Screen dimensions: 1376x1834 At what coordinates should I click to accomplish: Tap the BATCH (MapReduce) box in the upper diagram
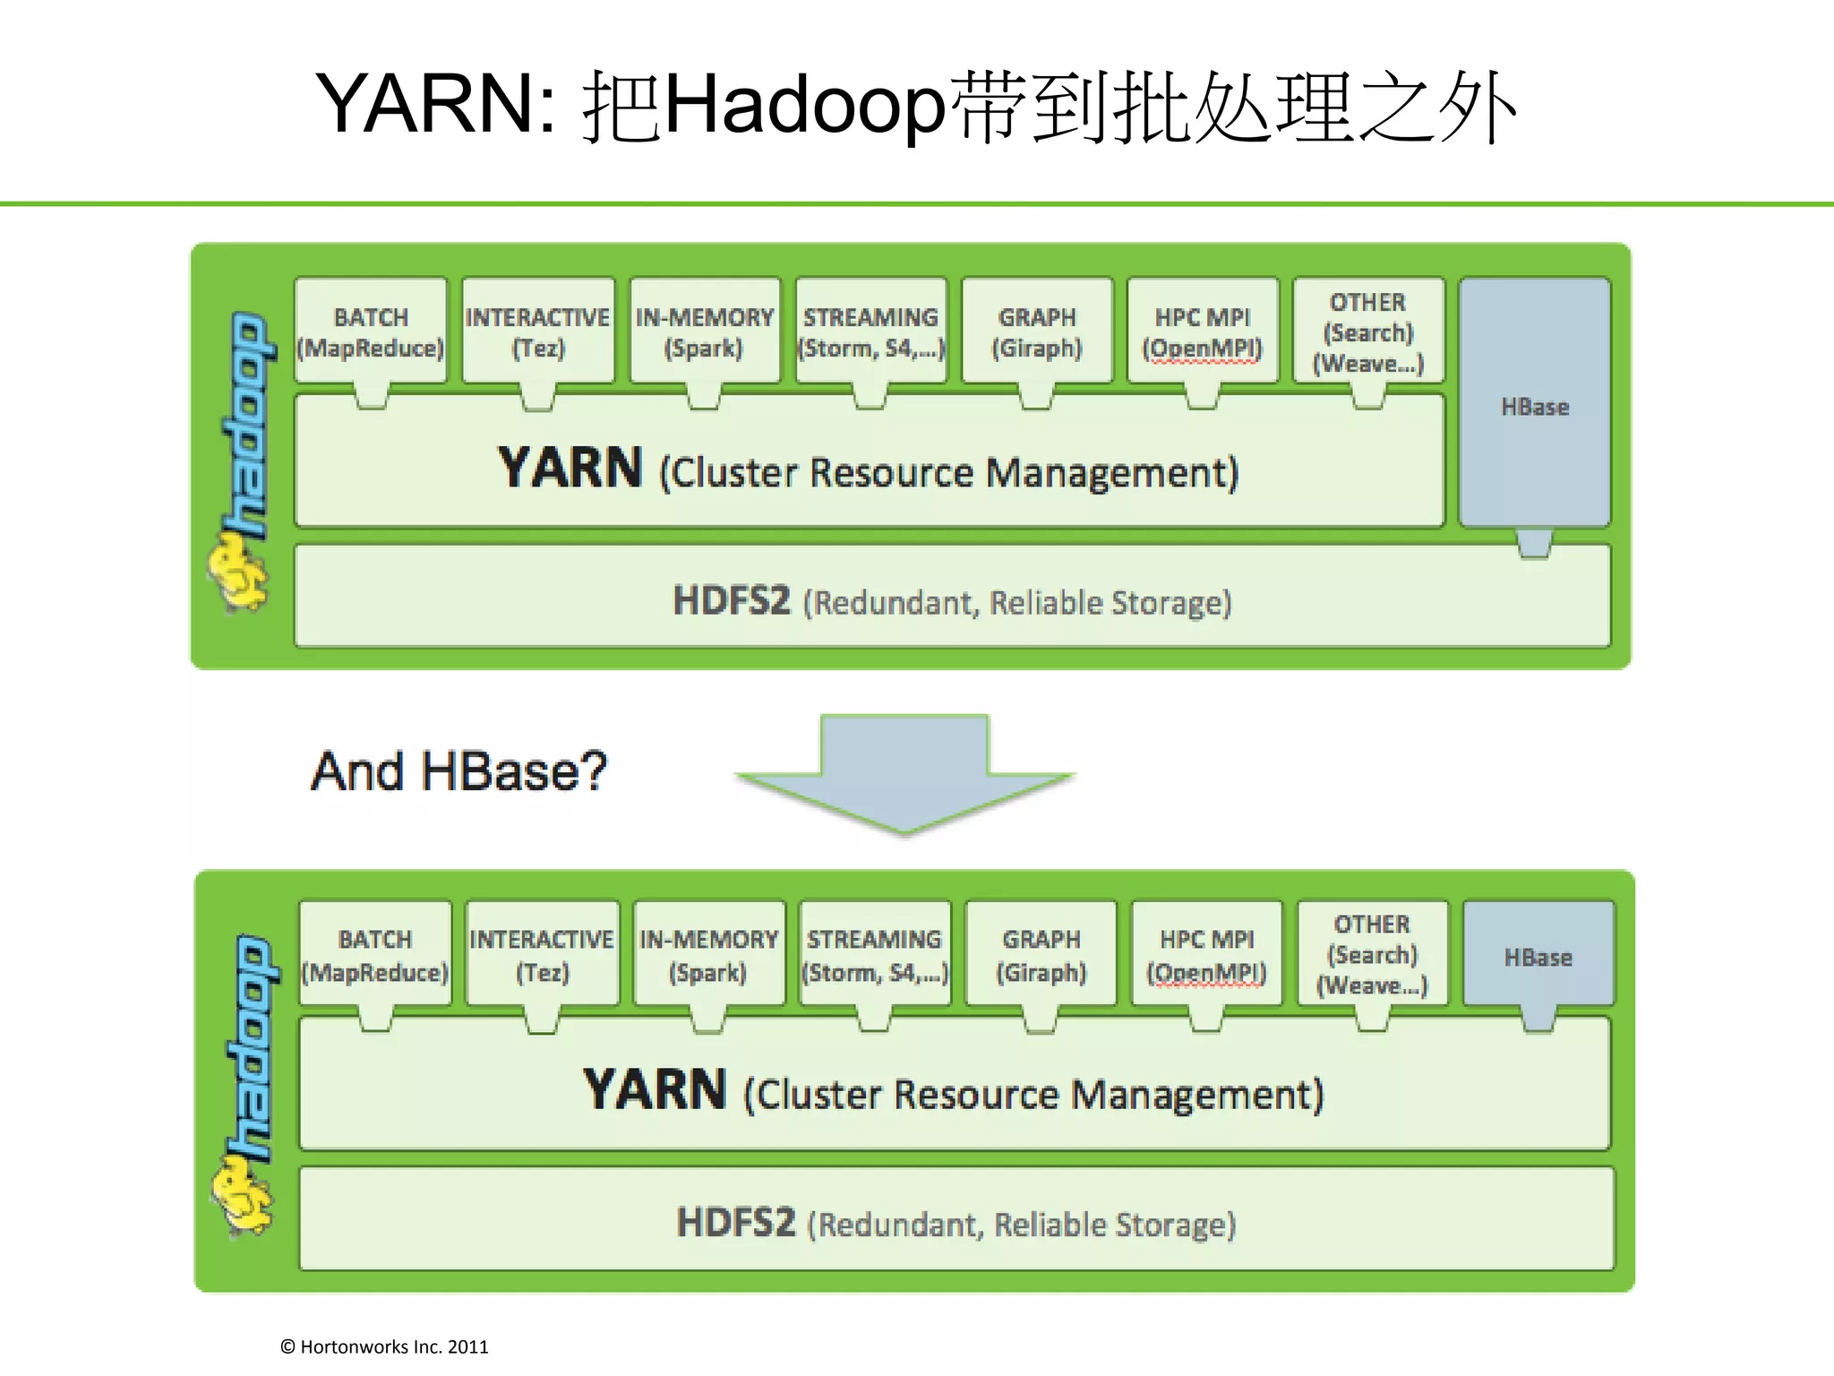click(x=371, y=331)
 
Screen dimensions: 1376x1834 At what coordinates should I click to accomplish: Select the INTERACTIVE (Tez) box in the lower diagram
click(x=542, y=955)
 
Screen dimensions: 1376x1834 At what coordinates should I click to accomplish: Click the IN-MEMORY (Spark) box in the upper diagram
click(x=705, y=331)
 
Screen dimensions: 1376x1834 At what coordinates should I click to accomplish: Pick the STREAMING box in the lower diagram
click(x=874, y=955)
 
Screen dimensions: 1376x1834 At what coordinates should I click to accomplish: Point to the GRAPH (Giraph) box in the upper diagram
click(x=1037, y=331)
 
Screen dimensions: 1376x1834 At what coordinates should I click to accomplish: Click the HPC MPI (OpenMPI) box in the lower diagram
click(x=1206, y=955)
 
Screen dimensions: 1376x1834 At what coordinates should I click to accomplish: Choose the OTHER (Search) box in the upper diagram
click(x=1368, y=331)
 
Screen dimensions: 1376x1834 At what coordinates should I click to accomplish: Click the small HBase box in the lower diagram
click(x=1538, y=956)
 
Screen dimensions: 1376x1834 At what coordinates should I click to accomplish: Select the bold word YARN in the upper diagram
click(x=570, y=469)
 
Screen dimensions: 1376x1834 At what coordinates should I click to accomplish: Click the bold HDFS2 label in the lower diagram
click(x=735, y=1223)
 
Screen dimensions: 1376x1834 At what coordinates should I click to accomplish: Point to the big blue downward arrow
click(x=904, y=775)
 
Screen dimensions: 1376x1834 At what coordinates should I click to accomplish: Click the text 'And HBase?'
click(x=458, y=771)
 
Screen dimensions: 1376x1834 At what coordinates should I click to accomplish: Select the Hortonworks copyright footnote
click(x=384, y=1346)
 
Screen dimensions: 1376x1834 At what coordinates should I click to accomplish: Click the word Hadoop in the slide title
click(x=804, y=105)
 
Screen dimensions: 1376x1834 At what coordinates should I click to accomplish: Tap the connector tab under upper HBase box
click(x=1534, y=543)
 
